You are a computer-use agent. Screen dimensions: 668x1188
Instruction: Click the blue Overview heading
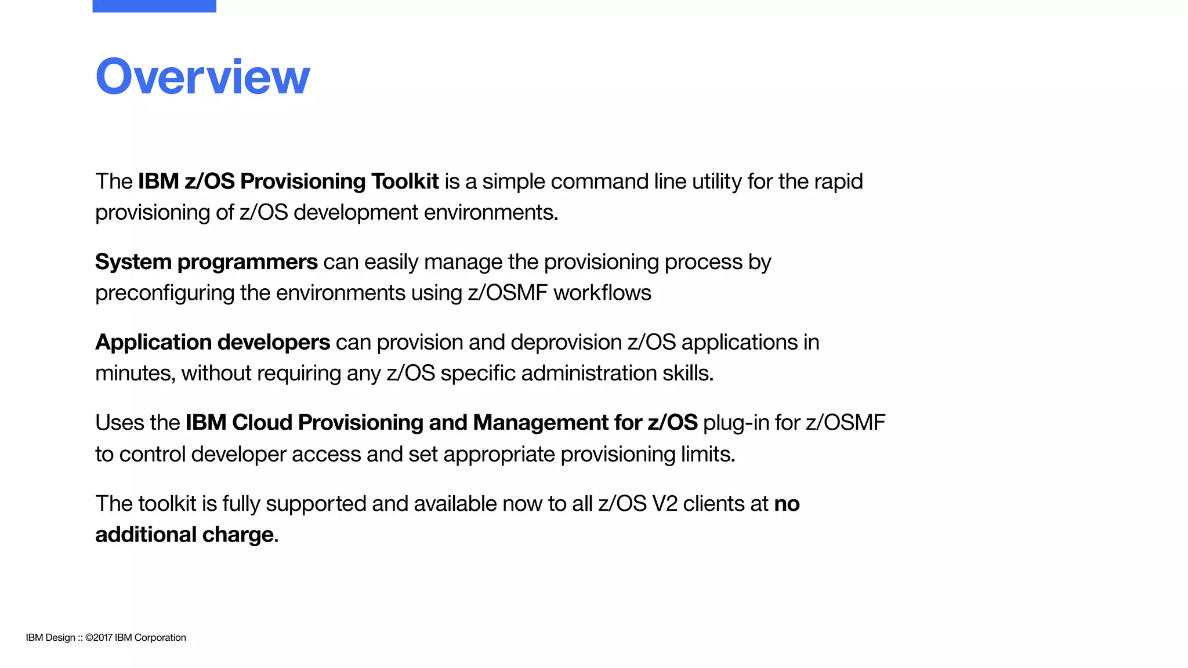click(x=202, y=77)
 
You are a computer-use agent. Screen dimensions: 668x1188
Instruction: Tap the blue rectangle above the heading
click(x=154, y=6)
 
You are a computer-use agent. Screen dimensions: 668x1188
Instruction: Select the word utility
click(x=712, y=181)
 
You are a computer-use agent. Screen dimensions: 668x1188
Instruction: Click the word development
click(x=356, y=212)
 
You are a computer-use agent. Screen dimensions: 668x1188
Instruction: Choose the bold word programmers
click(x=247, y=262)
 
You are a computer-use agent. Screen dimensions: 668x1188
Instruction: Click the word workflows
click(x=602, y=293)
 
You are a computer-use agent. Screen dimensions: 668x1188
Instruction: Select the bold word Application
click(x=153, y=343)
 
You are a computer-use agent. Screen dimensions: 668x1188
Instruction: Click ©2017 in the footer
click(x=99, y=637)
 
